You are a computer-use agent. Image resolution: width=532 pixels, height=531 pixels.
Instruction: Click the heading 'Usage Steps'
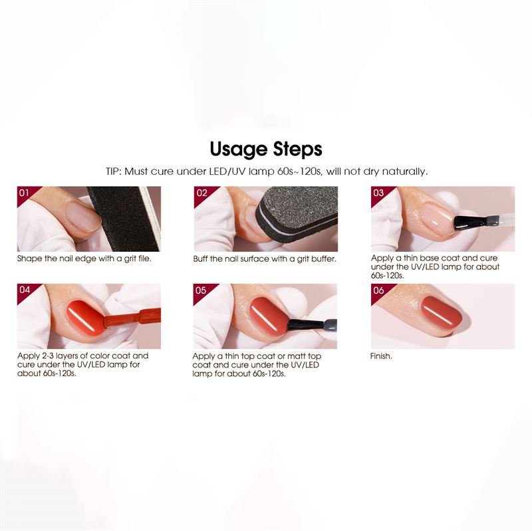pyautogui.click(x=266, y=150)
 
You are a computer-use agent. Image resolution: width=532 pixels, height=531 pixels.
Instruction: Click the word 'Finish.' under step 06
pyautogui.click(x=381, y=356)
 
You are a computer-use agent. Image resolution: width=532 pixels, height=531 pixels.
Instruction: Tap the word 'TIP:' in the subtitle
pyautogui.click(x=114, y=171)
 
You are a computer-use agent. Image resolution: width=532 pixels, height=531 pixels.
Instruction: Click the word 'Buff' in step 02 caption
pyautogui.click(x=200, y=259)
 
